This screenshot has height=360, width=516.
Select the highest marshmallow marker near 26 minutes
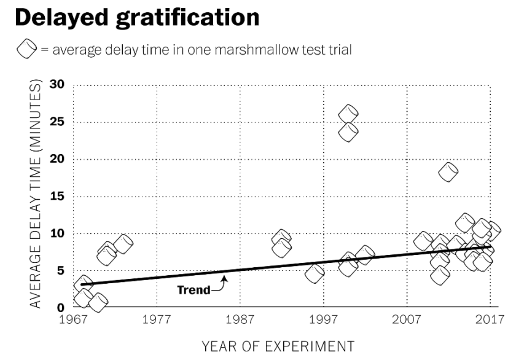(348, 114)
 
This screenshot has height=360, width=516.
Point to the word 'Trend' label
(193, 289)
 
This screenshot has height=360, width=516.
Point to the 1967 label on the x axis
(74, 320)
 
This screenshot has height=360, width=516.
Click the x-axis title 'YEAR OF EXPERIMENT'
(278, 345)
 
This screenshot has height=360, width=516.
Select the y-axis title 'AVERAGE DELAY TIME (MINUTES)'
(36, 195)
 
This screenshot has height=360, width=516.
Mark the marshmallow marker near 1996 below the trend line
(315, 274)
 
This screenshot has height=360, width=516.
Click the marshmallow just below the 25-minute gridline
(348, 132)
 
